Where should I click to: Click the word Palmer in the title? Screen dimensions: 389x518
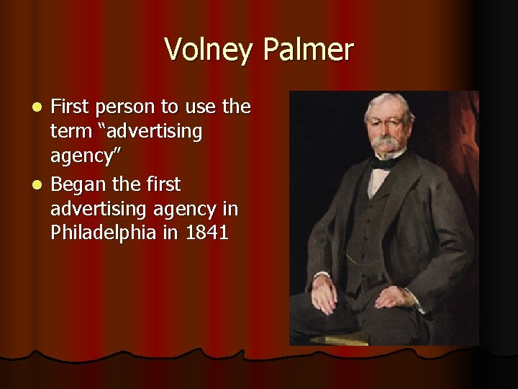[x=308, y=50]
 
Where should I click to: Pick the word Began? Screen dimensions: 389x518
[x=79, y=185]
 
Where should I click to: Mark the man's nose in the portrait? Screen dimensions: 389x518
[x=387, y=130]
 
